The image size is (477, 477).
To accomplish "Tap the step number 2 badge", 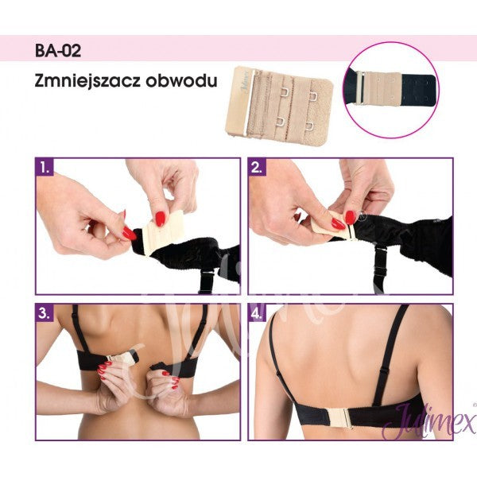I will (258, 168).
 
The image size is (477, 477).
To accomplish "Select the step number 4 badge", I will (258, 313).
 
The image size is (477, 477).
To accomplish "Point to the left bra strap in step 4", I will (279, 358).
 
